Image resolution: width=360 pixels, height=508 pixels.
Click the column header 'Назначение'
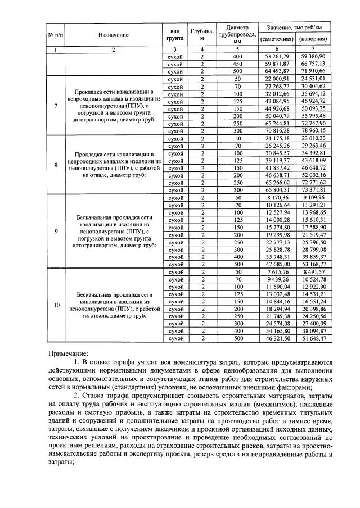click(113, 35)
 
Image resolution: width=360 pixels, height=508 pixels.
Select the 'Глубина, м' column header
click(201, 35)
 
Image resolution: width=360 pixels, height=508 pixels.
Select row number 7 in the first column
click(55, 105)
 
